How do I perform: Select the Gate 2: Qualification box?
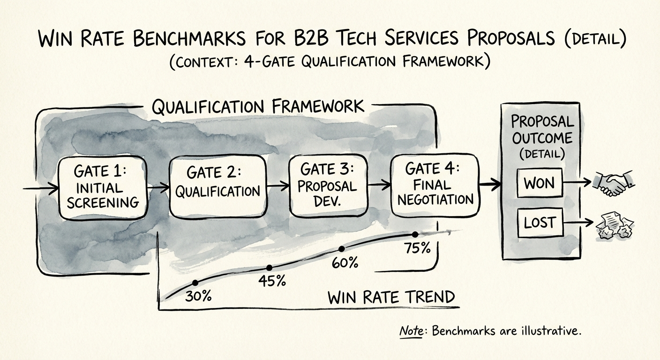click(217, 186)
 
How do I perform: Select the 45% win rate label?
click(272, 281)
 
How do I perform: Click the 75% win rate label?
click(417, 248)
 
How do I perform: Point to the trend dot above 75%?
click(415, 234)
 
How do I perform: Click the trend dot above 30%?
click(195, 283)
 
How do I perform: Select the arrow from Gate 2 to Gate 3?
click(277, 186)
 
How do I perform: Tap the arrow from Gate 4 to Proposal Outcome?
click(489, 184)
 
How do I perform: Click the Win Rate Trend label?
click(391, 298)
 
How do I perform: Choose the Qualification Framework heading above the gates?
click(258, 107)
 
